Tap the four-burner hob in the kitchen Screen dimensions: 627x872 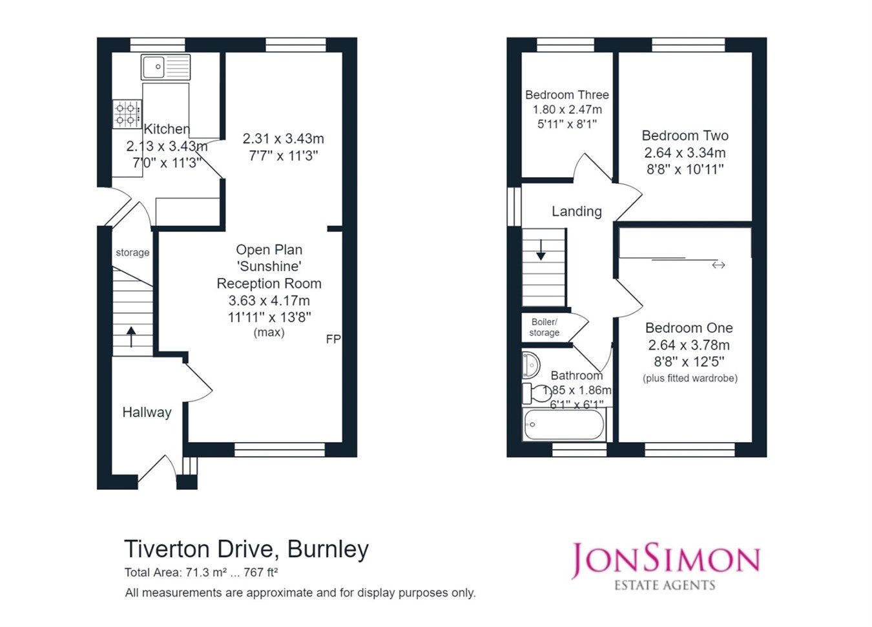tap(127, 114)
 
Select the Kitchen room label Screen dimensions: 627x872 tap(167, 129)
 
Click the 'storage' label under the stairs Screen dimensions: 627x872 tap(132, 253)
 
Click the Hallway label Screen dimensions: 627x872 tap(147, 412)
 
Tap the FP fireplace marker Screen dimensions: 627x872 tap(333, 339)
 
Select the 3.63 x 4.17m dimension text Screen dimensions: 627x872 tap(269, 301)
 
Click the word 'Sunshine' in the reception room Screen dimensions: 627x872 tap(269, 266)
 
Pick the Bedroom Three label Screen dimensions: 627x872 tap(566, 95)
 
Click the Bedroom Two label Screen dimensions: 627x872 tap(685, 136)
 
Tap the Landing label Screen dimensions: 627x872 tap(576, 211)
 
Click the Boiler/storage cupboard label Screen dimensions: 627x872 tap(544, 327)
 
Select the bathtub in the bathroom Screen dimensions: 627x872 tap(563, 425)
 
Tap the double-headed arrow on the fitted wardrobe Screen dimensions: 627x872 tap(718, 265)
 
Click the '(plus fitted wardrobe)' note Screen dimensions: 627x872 tap(690, 378)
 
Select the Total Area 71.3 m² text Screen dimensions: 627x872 tap(201, 573)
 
